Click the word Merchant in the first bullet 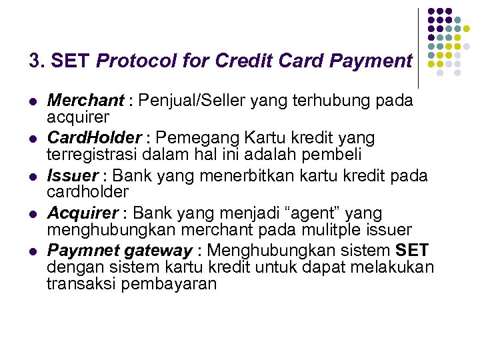pyautogui.click(x=85, y=101)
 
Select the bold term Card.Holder pyautogui.click(x=94, y=138)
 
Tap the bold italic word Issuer pyautogui.click(x=72, y=176)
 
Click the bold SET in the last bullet pyautogui.click(x=413, y=251)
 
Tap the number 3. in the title pyautogui.click(x=37, y=61)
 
